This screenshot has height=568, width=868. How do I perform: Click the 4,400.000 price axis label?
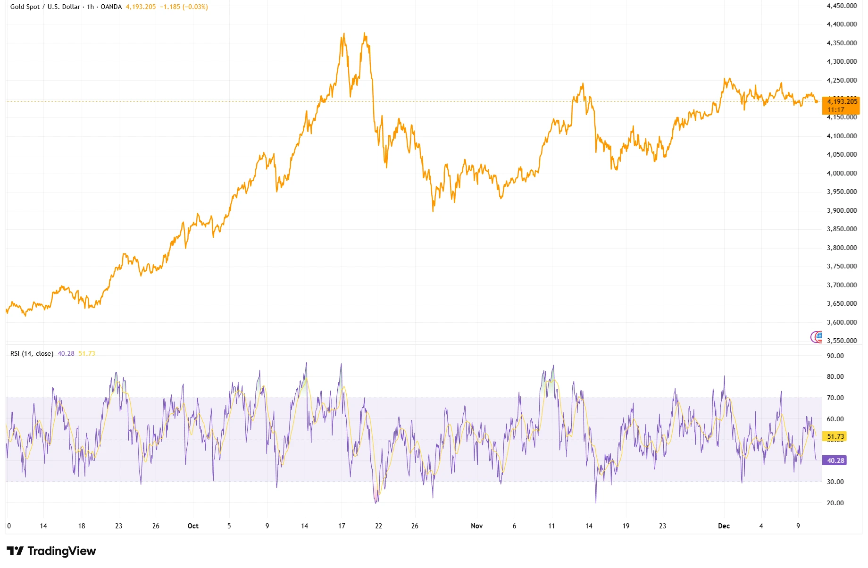tap(842, 24)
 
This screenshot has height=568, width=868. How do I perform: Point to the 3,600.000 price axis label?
tap(842, 322)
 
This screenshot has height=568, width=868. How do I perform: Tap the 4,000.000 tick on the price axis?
tap(842, 173)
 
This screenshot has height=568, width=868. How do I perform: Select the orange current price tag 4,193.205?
tap(842, 102)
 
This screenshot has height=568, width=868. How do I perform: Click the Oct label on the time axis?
tap(193, 526)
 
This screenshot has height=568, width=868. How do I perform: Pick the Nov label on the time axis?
tap(476, 526)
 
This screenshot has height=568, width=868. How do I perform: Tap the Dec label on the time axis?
tap(724, 526)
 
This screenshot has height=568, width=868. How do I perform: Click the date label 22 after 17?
tap(378, 526)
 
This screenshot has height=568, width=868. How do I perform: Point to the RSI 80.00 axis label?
tap(835, 376)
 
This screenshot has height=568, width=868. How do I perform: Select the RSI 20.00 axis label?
tap(835, 503)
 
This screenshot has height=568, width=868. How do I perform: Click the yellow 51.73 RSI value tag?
tap(835, 437)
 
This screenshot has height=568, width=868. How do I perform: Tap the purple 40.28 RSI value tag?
tap(835, 460)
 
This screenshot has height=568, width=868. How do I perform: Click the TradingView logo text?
tap(61, 551)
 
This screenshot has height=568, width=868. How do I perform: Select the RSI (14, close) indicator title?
tap(32, 353)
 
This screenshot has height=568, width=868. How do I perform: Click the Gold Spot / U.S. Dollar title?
tap(45, 7)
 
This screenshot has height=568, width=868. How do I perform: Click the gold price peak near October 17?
tap(344, 34)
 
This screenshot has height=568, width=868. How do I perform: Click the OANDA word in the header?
tap(111, 7)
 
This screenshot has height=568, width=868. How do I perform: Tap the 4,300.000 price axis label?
tap(842, 61)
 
